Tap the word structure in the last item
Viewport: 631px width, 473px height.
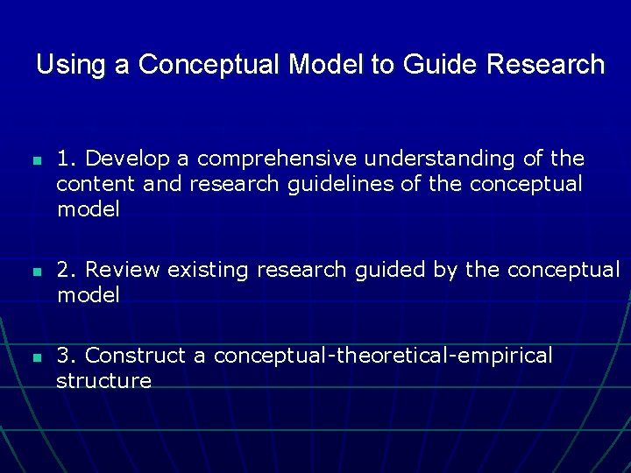103,381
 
